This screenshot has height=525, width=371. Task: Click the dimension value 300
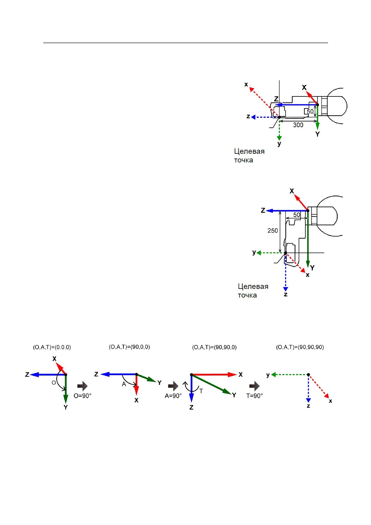click(298, 125)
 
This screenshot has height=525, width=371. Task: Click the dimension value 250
click(272, 230)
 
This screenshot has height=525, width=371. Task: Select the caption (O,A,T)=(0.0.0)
click(52, 347)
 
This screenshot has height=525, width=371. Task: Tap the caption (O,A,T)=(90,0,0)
click(129, 347)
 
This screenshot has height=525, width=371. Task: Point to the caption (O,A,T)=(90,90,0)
click(214, 347)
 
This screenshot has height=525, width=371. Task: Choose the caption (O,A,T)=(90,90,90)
click(300, 347)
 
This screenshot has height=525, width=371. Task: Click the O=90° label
click(82, 396)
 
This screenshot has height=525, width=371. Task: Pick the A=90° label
click(173, 396)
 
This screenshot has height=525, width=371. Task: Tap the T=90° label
click(255, 396)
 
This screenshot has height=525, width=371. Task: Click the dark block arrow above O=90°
click(82, 386)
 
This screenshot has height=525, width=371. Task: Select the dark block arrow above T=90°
click(255, 386)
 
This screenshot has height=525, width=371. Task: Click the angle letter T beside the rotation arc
click(201, 391)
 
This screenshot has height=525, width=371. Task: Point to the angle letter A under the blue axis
click(124, 384)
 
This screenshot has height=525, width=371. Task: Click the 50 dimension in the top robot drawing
click(310, 111)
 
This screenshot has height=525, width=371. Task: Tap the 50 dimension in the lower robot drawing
click(296, 215)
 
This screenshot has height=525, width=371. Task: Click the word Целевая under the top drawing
click(249, 151)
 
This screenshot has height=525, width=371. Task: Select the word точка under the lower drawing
click(247, 295)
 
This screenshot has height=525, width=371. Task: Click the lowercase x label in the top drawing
click(246, 85)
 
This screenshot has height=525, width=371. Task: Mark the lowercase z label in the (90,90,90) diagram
click(308, 406)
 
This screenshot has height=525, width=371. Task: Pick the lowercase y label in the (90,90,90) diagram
click(268, 375)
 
